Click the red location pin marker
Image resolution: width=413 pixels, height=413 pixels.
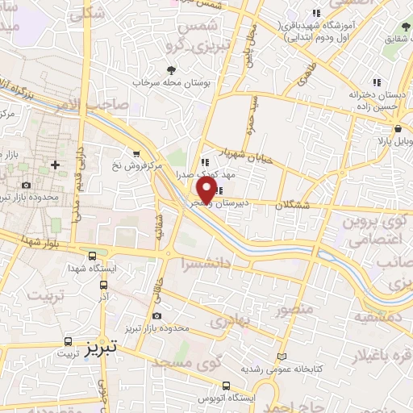coord(206,190)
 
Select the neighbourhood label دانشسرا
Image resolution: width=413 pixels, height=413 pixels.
coord(207,262)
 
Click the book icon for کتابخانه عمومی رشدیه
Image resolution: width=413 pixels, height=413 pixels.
coord(281,356)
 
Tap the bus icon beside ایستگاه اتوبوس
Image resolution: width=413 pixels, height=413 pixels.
coord(227,386)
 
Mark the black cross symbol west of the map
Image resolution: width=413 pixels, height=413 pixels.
coord(54,165)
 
